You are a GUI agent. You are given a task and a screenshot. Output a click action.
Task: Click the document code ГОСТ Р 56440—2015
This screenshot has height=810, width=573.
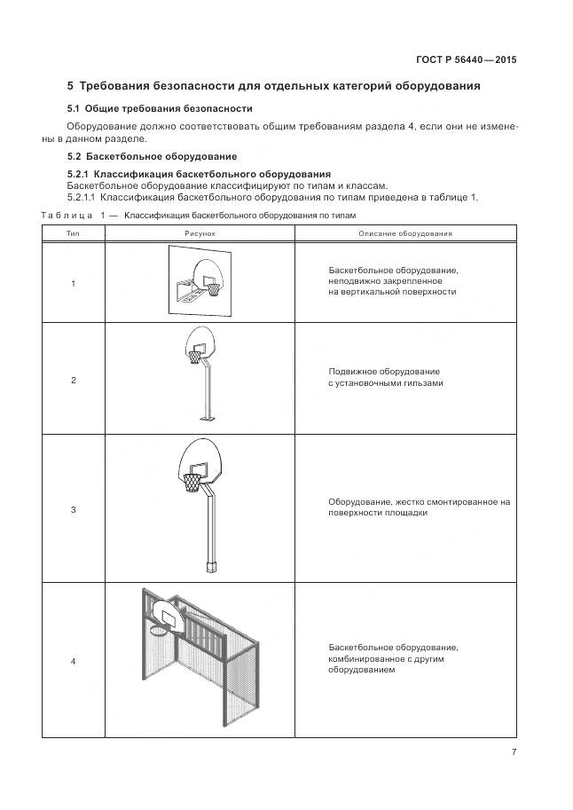466,60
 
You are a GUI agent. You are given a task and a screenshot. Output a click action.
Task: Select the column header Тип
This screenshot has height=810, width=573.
73,233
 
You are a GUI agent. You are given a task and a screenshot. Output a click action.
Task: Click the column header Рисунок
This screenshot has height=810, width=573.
200,233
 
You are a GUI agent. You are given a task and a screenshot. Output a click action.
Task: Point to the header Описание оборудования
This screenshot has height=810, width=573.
405,233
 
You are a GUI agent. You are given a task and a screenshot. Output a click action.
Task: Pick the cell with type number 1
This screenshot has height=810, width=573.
73,283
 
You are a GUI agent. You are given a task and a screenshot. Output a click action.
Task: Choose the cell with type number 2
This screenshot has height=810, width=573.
73,380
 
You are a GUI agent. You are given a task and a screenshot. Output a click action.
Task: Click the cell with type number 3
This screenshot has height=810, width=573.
73,509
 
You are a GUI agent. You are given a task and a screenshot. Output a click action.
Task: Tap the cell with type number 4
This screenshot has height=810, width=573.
73,661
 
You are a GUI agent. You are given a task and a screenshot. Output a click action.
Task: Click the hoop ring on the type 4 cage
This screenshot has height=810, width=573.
161,631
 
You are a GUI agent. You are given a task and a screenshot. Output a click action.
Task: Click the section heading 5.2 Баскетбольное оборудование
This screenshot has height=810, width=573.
152,157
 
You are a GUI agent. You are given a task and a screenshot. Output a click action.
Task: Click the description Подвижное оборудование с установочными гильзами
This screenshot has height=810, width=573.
385,377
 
